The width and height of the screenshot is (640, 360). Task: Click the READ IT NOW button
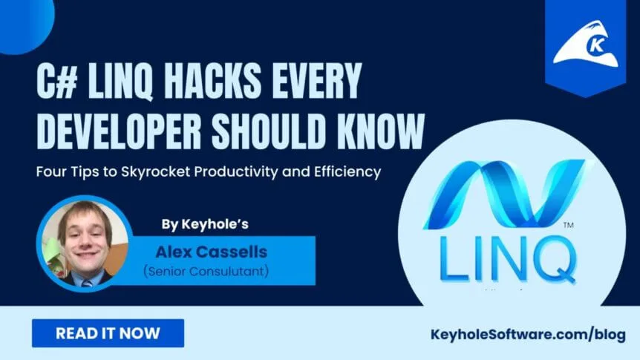pos(108,333)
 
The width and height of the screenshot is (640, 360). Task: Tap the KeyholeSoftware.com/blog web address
pos(528,335)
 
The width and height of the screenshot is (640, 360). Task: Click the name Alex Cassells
pos(211,252)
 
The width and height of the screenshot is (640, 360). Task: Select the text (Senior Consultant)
pos(206,271)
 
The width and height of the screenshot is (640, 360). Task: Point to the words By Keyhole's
pos(205,224)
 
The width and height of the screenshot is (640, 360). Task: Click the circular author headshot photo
pos(85,243)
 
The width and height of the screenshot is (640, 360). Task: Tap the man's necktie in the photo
pos(87,283)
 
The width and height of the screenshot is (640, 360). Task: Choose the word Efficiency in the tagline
pos(347,171)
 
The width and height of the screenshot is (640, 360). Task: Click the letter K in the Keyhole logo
pos(596,45)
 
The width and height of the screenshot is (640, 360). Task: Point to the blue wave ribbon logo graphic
pos(507,194)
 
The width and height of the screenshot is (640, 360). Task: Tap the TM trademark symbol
pos(568,225)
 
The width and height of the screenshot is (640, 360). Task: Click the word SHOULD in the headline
pos(270,131)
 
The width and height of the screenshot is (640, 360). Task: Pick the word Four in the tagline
pos(50,171)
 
